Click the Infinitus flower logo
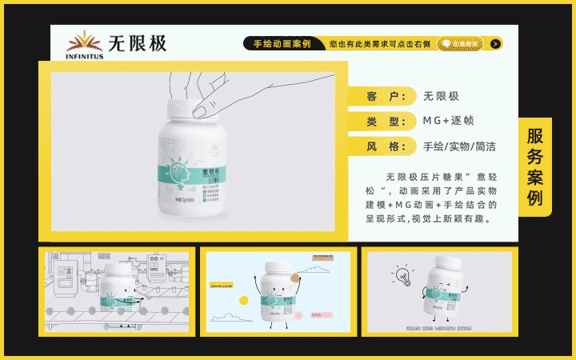click(83, 41)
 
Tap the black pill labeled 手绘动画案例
click(282, 44)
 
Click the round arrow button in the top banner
click(496, 44)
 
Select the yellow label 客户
click(382, 97)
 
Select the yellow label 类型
click(382, 122)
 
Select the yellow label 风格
click(382, 146)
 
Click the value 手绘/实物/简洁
click(459, 146)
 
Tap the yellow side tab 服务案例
click(535, 166)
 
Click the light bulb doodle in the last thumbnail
click(403, 276)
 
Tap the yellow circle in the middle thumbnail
click(243, 301)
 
